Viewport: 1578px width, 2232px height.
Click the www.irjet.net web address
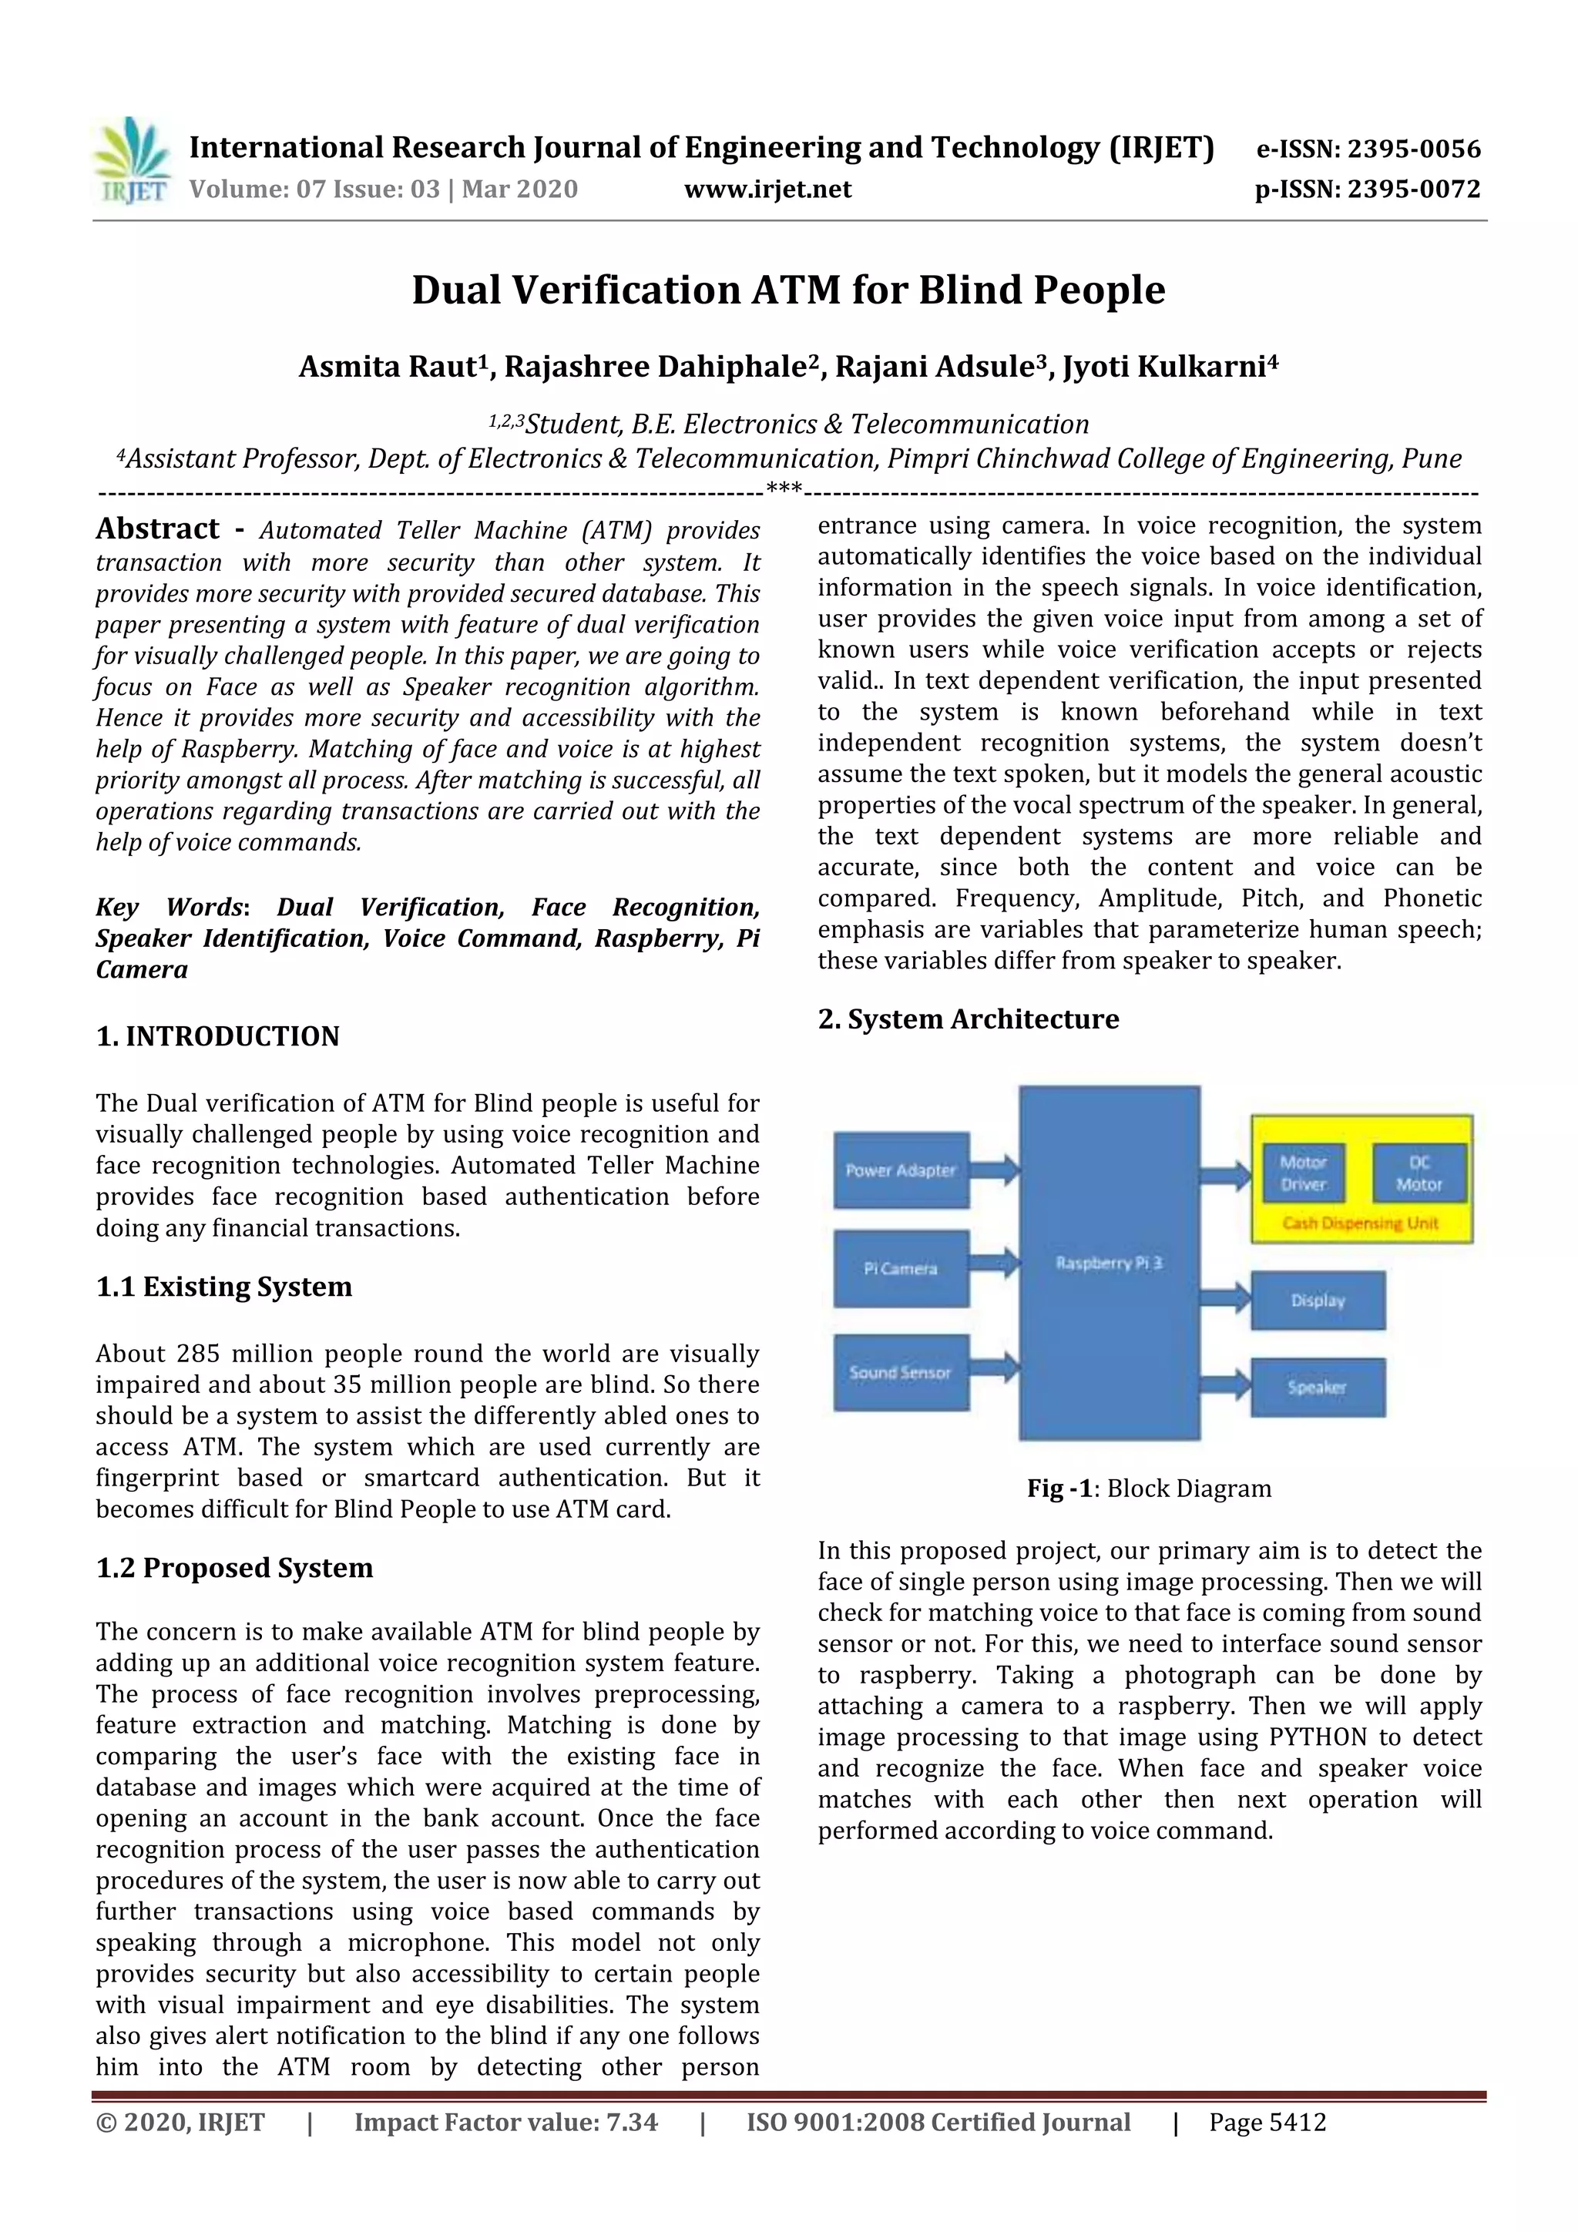[767, 190]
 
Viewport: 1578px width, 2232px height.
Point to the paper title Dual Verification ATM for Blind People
[788, 290]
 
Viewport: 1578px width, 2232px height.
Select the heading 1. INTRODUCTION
[218, 1036]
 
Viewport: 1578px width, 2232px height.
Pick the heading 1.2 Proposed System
[234, 1568]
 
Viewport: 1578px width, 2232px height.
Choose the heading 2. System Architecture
[969, 1019]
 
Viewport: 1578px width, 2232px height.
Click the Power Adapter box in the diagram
[900, 1170]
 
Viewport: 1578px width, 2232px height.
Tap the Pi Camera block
[900, 1269]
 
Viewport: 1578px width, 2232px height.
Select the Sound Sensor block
[900, 1373]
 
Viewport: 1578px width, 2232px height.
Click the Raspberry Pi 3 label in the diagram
[1109, 1263]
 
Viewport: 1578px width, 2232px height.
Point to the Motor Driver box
[1303, 1173]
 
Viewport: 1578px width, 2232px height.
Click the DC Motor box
[1419, 1173]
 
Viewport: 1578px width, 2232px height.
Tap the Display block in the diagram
[1318, 1301]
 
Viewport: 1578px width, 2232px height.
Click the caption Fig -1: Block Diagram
[1150, 1489]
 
